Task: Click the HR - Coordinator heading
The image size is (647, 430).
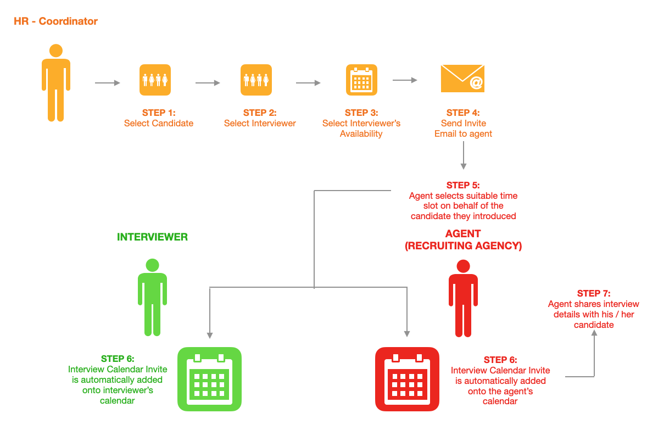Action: coord(55,22)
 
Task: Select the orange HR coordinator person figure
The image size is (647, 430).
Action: coord(56,82)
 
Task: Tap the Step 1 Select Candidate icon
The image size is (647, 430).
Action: coord(155,80)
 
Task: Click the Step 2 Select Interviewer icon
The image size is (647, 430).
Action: coord(256,80)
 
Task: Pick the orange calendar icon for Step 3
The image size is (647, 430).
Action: coord(361,80)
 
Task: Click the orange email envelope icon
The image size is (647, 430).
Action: coord(462,78)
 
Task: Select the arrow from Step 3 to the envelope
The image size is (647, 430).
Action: coord(405,80)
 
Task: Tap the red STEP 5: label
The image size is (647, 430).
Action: coord(463,186)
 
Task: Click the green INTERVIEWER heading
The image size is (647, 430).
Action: coord(152,237)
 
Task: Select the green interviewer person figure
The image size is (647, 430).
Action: coord(152,297)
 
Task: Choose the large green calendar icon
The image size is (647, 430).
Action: coord(209,379)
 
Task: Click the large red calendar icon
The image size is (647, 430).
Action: coord(407,379)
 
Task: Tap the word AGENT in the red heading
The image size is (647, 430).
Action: coord(463,234)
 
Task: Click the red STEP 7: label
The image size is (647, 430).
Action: coord(593,294)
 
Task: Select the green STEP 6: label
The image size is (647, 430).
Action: coord(118,359)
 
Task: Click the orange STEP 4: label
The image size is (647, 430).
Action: coord(463,113)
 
